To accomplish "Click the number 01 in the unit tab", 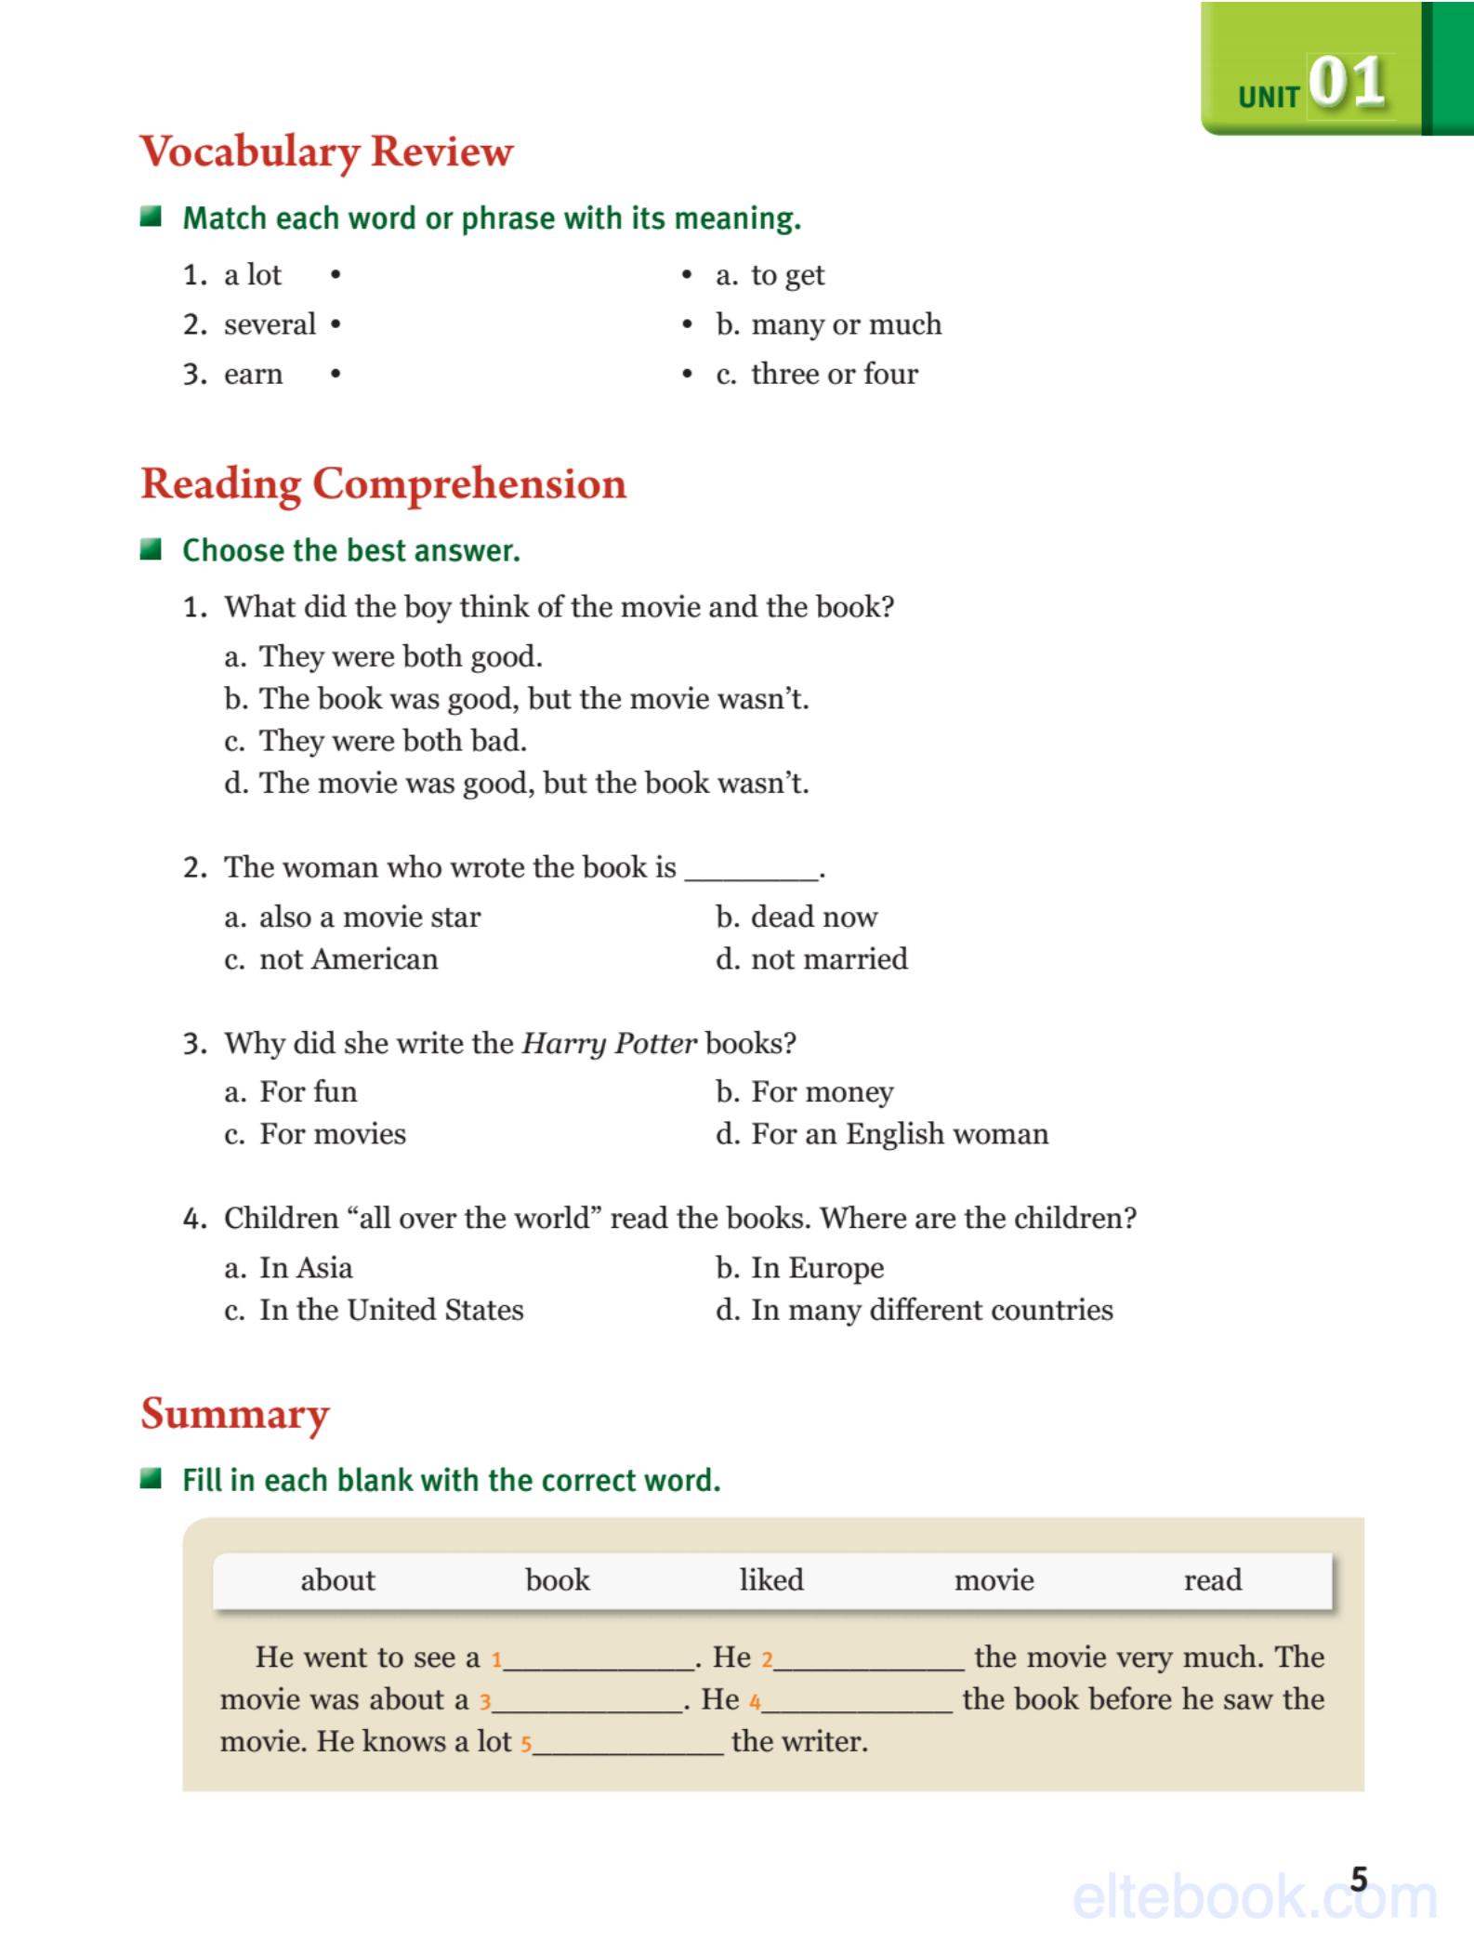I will point(1347,83).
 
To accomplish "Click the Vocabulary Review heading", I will point(326,152).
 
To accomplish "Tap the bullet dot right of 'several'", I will point(336,324).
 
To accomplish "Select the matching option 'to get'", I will point(786,275).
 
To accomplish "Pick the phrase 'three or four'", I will point(834,374).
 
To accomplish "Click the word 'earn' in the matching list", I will point(253,374).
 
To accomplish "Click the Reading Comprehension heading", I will point(383,483).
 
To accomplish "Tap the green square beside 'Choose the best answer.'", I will point(151,549).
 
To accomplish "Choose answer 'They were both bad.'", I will point(392,741).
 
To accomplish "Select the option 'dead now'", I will point(813,917).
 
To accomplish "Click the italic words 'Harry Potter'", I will point(609,1043).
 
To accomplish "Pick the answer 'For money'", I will point(822,1091).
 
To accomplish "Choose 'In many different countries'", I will point(931,1310).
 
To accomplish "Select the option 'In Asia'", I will point(306,1268).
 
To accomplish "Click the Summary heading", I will point(235,1414).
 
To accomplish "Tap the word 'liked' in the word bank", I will point(770,1580).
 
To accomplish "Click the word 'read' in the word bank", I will point(1212,1580).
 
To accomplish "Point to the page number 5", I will point(1359,1879).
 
